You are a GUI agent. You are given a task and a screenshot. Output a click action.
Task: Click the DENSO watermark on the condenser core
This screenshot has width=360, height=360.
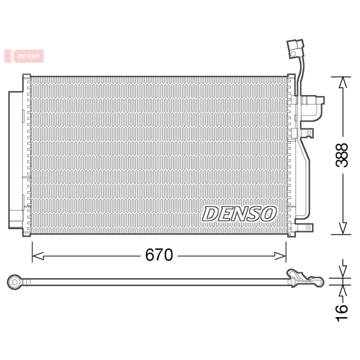click(x=239, y=214)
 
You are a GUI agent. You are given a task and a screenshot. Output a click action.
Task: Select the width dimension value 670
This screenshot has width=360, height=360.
click(x=159, y=256)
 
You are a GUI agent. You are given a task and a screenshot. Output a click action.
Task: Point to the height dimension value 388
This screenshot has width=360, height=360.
click(x=343, y=155)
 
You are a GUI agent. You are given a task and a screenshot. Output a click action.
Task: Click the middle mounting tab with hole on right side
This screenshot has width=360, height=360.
click(x=308, y=133)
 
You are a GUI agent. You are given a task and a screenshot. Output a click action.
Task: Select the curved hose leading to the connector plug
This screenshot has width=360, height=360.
click(x=298, y=72)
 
